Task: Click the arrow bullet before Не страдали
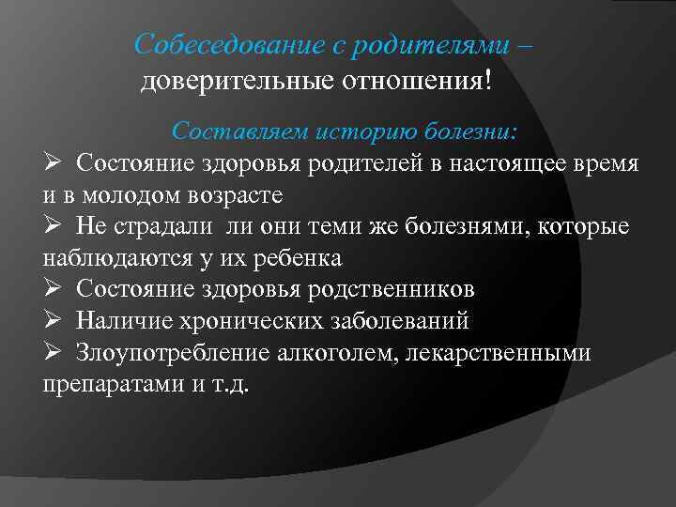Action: tap(54, 226)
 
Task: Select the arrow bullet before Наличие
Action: tap(54, 321)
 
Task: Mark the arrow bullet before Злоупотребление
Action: tap(54, 353)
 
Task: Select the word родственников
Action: tap(392, 289)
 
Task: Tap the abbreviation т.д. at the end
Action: tap(228, 385)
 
